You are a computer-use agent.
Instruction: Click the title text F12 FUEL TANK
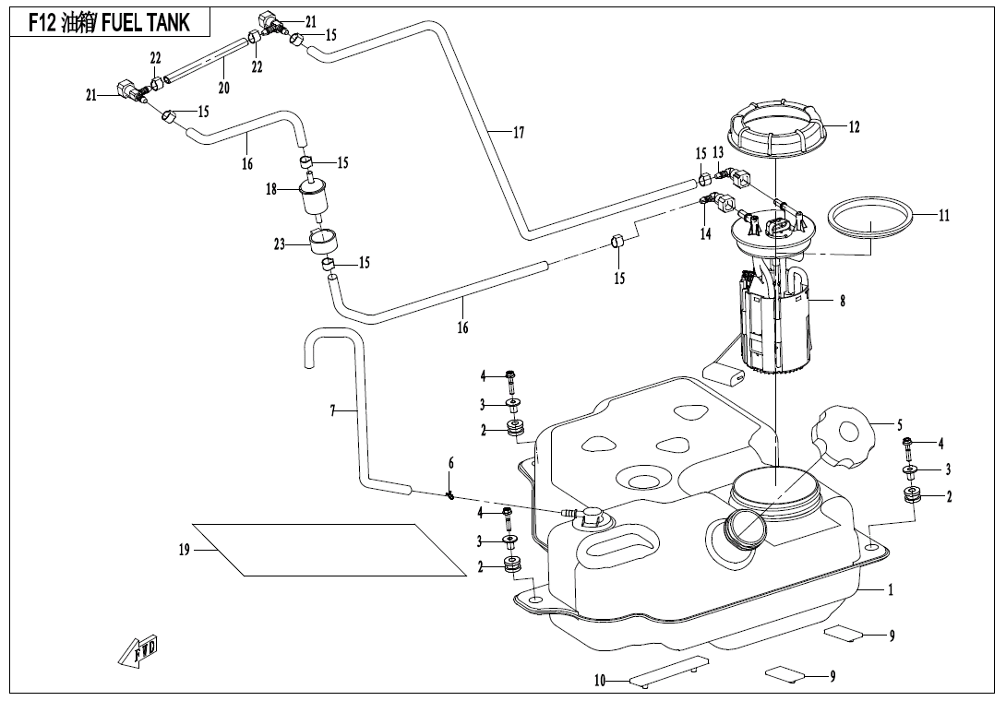point(109,23)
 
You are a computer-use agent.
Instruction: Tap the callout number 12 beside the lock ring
point(854,127)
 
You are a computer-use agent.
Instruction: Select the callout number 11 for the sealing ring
point(943,216)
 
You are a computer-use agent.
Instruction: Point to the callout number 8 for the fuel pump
point(842,300)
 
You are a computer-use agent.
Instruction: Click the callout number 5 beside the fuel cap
point(899,425)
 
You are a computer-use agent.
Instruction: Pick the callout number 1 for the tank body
point(890,590)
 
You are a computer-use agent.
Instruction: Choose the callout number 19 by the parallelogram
point(184,551)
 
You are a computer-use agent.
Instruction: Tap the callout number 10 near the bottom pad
point(600,682)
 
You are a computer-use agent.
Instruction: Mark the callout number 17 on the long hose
point(519,133)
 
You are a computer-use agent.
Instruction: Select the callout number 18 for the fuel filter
point(271,189)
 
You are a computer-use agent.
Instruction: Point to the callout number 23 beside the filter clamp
point(279,245)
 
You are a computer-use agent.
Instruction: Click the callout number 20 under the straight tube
point(223,87)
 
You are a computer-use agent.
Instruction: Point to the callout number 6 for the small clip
point(450,462)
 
